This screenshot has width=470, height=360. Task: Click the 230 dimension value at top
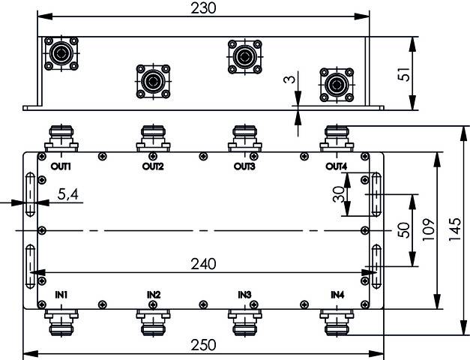[203, 8]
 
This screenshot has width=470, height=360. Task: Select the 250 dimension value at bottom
[203, 345]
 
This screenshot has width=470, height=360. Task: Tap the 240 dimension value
[203, 264]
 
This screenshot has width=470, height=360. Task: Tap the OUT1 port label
[61, 166]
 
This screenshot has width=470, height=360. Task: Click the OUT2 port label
[153, 166]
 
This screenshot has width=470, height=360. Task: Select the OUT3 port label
[244, 166]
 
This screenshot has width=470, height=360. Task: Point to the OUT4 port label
[337, 166]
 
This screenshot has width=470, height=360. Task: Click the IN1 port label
[61, 295]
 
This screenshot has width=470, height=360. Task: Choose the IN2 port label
[153, 295]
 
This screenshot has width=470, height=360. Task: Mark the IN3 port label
[244, 295]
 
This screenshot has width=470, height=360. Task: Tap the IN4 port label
[337, 295]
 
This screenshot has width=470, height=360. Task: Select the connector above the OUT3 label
[244, 138]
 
